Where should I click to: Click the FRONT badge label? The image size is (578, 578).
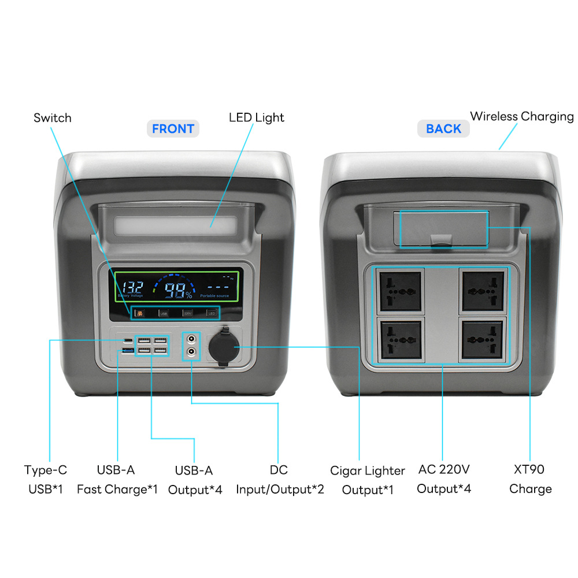tap(173, 129)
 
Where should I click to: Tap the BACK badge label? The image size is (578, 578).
tap(443, 129)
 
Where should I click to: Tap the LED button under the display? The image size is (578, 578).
tap(212, 313)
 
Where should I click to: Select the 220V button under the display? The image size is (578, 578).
tap(187, 313)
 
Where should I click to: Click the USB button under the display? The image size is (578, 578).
tap(164, 313)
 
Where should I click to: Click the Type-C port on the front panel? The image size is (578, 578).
tap(127, 340)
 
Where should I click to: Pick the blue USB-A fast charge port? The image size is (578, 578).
tap(127, 350)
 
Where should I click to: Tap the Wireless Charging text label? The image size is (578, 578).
tap(521, 116)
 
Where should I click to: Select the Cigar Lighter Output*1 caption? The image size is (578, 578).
tap(368, 480)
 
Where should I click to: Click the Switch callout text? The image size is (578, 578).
tap(53, 118)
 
